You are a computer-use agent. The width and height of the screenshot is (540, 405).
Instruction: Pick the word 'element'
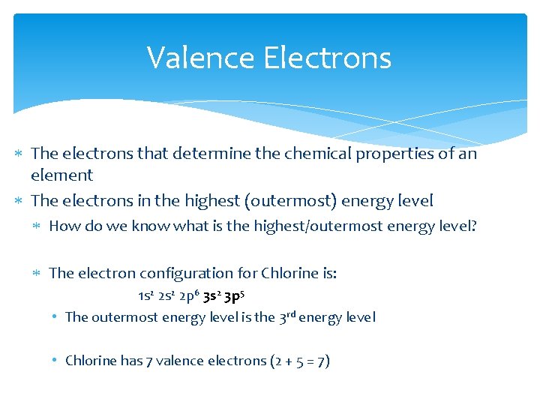61,175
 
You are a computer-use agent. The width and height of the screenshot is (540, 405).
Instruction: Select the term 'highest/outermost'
311,226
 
